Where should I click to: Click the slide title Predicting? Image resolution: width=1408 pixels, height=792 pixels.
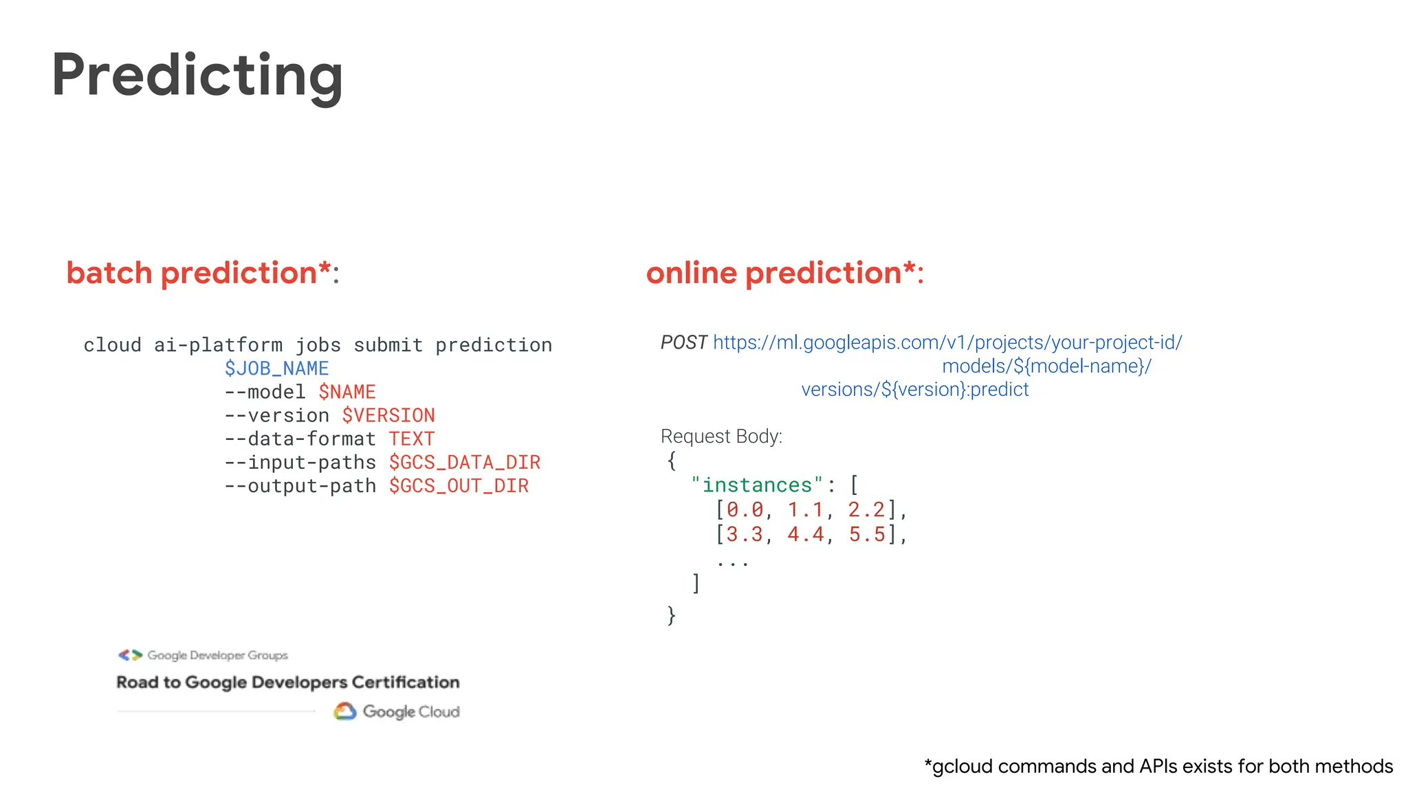click(197, 76)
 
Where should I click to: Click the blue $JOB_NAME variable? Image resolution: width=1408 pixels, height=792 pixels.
click(276, 368)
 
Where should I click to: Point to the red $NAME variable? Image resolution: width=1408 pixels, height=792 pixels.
click(347, 392)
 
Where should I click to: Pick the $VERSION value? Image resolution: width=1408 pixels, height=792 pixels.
click(388, 415)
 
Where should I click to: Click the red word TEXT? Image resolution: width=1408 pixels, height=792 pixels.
click(411, 439)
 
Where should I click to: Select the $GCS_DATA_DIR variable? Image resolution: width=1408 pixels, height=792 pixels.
click(465, 462)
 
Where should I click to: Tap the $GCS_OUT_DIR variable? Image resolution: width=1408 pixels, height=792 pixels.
click(459, 485)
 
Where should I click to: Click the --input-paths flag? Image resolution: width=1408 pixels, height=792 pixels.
click(300, 462)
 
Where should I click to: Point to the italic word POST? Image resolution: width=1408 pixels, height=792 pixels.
click(683, 342)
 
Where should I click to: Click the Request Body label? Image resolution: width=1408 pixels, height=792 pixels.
click(721, 437)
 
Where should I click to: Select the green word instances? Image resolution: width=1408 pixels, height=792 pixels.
click(757, 485)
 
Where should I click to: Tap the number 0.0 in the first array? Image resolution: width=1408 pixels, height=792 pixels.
click(745, 510)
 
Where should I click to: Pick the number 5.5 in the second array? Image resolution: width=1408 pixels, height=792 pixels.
click(867, 534)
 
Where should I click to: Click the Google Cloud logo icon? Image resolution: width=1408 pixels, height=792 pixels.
click(345, 712)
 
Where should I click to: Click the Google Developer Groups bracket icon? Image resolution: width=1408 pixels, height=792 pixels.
click(130, 655)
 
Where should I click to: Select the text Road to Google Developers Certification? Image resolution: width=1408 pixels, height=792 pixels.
click(288, 683)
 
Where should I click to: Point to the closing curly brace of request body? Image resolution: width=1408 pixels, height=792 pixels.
click(672, 615)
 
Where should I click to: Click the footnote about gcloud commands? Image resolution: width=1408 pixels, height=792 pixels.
click(1158, 767)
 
